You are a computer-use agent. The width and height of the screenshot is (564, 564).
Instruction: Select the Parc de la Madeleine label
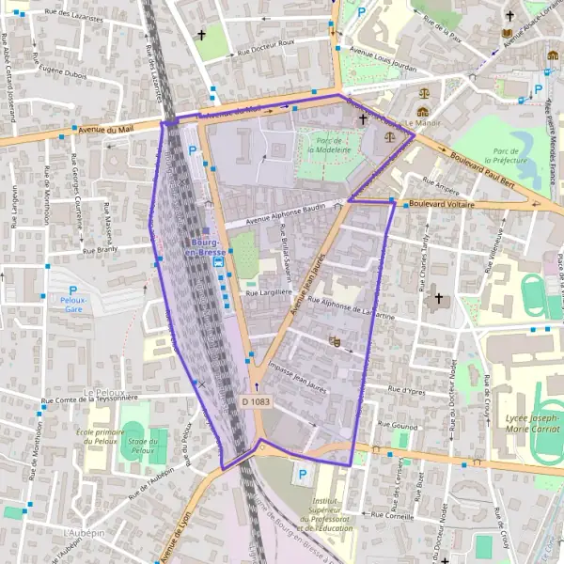tap(327, 146)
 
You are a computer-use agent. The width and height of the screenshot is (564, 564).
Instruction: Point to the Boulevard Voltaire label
tap(442, 204)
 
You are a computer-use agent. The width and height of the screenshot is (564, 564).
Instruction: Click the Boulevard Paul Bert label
tap(481, 169)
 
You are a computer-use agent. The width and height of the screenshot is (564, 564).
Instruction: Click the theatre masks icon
tap(335, 342)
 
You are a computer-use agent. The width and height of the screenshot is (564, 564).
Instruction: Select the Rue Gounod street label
tap(397, 425)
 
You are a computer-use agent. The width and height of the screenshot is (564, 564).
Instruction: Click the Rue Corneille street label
tap(395, 515)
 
